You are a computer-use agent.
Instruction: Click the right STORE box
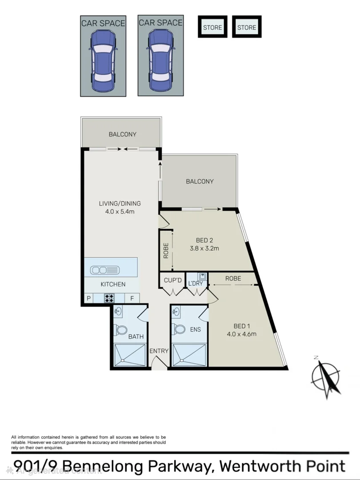pyautogui.click(x=247, y=28)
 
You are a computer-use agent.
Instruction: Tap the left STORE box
pyautogui.click(x=212, y=28)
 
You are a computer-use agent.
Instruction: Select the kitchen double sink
pyautogui.click(x=104, y=270)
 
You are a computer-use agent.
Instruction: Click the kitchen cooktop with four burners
pyautogui.click(x=109, y=298)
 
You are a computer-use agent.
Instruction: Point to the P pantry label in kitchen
pyautogui.click(x=88, y=299)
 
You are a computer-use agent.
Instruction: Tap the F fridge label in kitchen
pyautogui.click(x=132, y=299)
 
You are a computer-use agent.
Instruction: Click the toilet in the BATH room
pyautogui.click(x=121, y=330)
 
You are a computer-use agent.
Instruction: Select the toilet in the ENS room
pyautogui.click(x=180, y=329)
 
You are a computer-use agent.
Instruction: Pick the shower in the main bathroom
pyautogui.click(x=130, y=355)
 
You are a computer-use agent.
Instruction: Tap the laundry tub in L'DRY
pyautogui.click(x=202, y=277)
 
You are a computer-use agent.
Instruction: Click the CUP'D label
pyautogui.click(x=172, y=280)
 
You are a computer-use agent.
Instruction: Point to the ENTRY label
pyautogui.click(x=159, y=351)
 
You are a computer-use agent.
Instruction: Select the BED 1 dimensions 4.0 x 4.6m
pyautogui.click(x=242, y=334)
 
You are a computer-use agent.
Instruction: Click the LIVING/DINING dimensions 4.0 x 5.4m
pyautogui.click(x=120, y=212)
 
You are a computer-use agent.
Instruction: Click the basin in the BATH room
pyautogui.click(x=118, y=312)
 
